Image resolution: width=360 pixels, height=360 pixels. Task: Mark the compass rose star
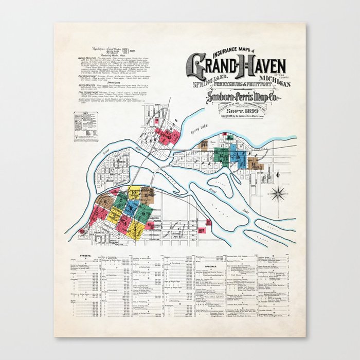[279, 194]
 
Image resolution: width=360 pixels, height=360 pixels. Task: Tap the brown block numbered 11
[147, 195]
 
